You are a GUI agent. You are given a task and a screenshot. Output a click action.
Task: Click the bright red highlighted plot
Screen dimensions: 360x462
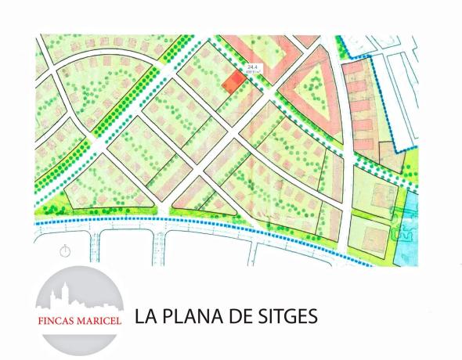tap(232, 81)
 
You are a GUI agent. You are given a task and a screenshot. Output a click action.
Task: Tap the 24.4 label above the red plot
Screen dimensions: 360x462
tap(252, 68)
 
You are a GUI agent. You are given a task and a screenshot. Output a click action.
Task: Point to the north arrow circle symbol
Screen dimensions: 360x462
tap(65, 250)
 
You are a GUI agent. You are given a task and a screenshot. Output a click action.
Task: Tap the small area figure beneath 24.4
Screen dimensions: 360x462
tap(252, 74)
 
